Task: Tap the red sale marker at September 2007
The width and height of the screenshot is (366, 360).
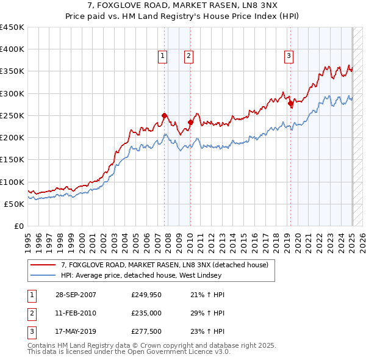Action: coord(164,115)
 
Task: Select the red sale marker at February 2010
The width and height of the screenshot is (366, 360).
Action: coord(190,122)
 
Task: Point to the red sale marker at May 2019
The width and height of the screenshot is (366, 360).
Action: coord(290,104)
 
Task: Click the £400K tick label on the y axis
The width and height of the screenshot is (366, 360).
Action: coord(12,49)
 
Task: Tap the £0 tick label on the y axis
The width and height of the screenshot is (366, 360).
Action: coord(19,226)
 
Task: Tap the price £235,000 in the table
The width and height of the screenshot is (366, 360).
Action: coord(146,313)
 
